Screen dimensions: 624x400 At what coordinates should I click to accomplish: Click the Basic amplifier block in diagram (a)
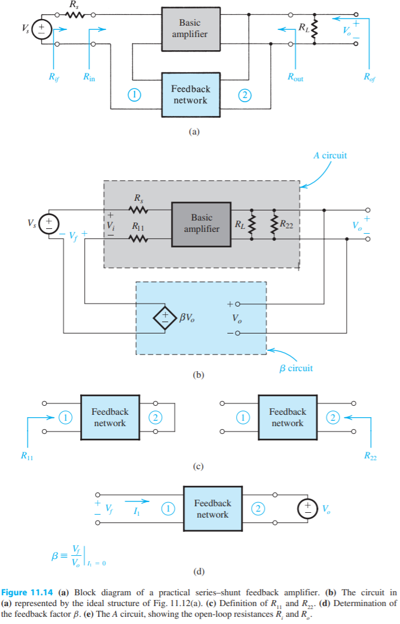click(190, 28)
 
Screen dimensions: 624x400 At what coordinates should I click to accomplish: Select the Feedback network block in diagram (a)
click(190, 94)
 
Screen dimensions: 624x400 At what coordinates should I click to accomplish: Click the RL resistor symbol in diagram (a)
click(314, 28)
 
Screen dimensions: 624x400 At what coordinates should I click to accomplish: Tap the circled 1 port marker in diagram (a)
click(135, 94)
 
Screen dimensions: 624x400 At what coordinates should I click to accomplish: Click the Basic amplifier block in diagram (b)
click(201, 224)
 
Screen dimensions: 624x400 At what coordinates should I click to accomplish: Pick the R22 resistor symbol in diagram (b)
click(274, 225)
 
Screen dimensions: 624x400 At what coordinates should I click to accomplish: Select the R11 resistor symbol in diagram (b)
click(139, 239)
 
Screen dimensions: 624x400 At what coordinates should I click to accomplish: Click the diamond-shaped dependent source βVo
click(164, 319)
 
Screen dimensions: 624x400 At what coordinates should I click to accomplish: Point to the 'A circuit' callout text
click(330, 155)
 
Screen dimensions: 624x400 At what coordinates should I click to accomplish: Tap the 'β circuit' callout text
click(296, 368)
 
